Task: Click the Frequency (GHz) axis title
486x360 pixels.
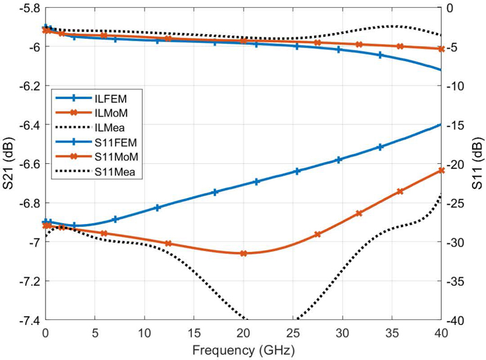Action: [x=243, y=351]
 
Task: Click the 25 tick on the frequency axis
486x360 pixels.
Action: [x=293, y=335]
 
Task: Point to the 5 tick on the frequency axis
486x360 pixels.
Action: [x=95, y=335]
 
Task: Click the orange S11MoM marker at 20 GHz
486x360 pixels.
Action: [x=244, y=253]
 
